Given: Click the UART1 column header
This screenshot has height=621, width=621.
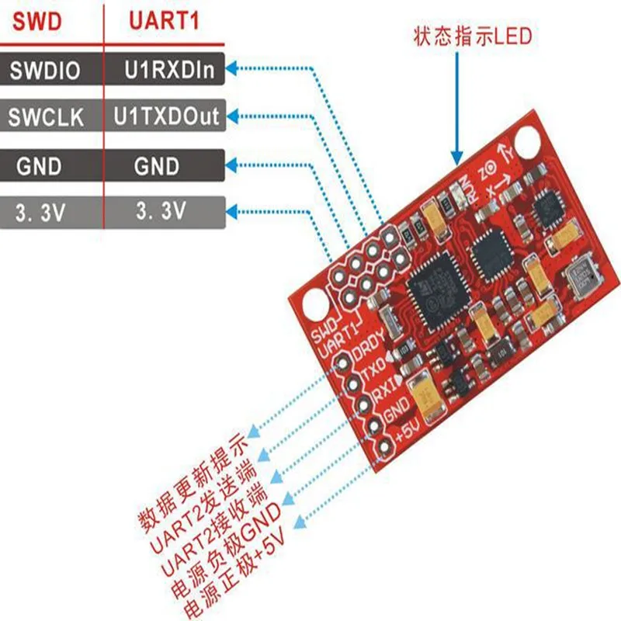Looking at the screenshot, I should [x=163, y=22].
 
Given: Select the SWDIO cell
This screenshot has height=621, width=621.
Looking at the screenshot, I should [x=45, y=71].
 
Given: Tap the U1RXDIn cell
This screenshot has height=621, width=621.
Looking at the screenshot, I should [x=165, y=71].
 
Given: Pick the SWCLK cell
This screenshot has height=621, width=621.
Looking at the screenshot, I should [x=45, y=118].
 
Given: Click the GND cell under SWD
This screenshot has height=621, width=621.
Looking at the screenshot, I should [x=45, y=165].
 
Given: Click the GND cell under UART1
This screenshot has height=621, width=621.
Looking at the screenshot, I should [x=156, y=165].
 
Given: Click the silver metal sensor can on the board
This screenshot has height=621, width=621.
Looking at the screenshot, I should [x=583, y=279].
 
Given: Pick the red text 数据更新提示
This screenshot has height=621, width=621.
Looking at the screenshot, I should [x=194, y=474].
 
